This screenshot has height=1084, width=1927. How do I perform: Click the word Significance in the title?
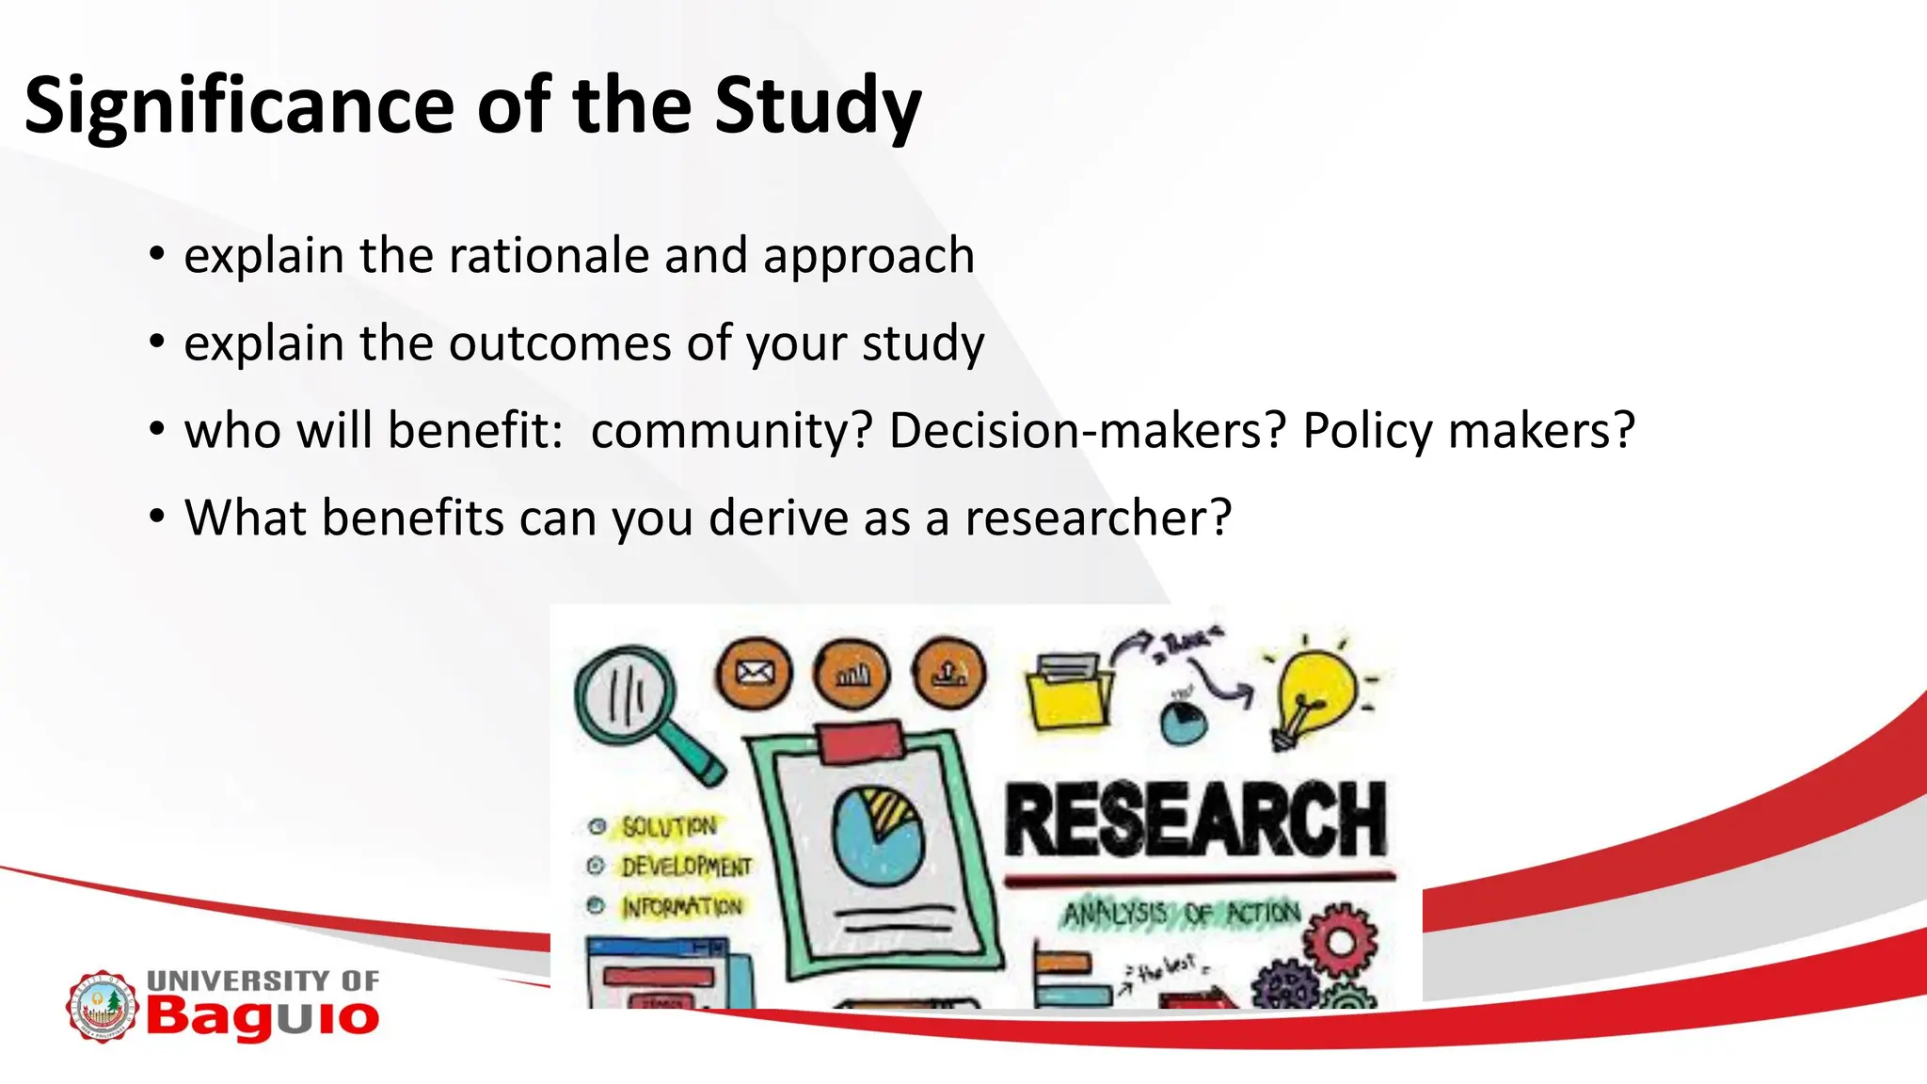(239, 105)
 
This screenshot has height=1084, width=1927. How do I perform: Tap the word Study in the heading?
(817, 105)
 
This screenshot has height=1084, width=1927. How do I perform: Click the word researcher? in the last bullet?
(1097, 518)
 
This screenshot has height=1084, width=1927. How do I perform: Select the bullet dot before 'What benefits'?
(157, 517)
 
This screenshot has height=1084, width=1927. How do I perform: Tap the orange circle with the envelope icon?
(754, 673)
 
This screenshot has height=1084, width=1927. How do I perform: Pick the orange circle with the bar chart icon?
(852, 673)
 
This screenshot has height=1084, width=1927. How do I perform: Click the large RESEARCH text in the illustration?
(1195, 819)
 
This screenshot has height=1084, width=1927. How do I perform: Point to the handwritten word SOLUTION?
(669, 826)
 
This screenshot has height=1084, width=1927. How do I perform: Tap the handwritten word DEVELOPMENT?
(686, 866)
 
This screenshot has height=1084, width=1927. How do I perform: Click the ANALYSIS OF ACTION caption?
(1182, 913)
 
